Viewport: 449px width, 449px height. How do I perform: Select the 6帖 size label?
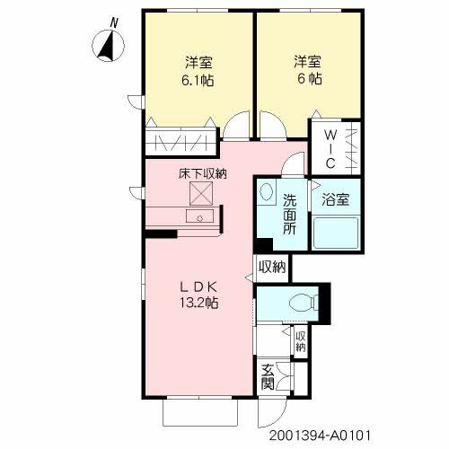[306, 80]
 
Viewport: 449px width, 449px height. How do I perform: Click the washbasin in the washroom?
[267, 191]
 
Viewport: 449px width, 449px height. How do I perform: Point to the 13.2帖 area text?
[198, 303]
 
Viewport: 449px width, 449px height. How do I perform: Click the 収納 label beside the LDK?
[272, 267]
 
